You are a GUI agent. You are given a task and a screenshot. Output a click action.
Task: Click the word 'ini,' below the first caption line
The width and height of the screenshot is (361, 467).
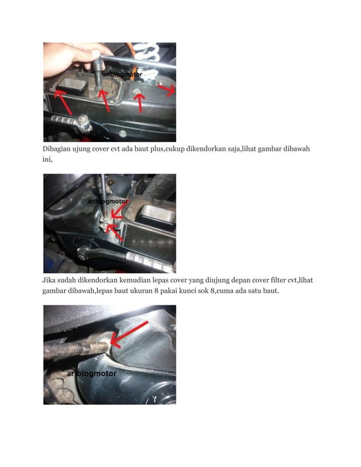click(49, 159)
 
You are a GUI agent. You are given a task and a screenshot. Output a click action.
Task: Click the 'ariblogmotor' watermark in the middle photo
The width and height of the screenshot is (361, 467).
click(108, 201)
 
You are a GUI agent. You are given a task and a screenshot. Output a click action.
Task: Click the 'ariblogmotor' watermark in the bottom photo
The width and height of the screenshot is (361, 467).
click(91, 374)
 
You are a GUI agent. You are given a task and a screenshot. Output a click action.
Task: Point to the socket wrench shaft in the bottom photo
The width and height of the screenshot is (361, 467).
click(68, 348)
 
